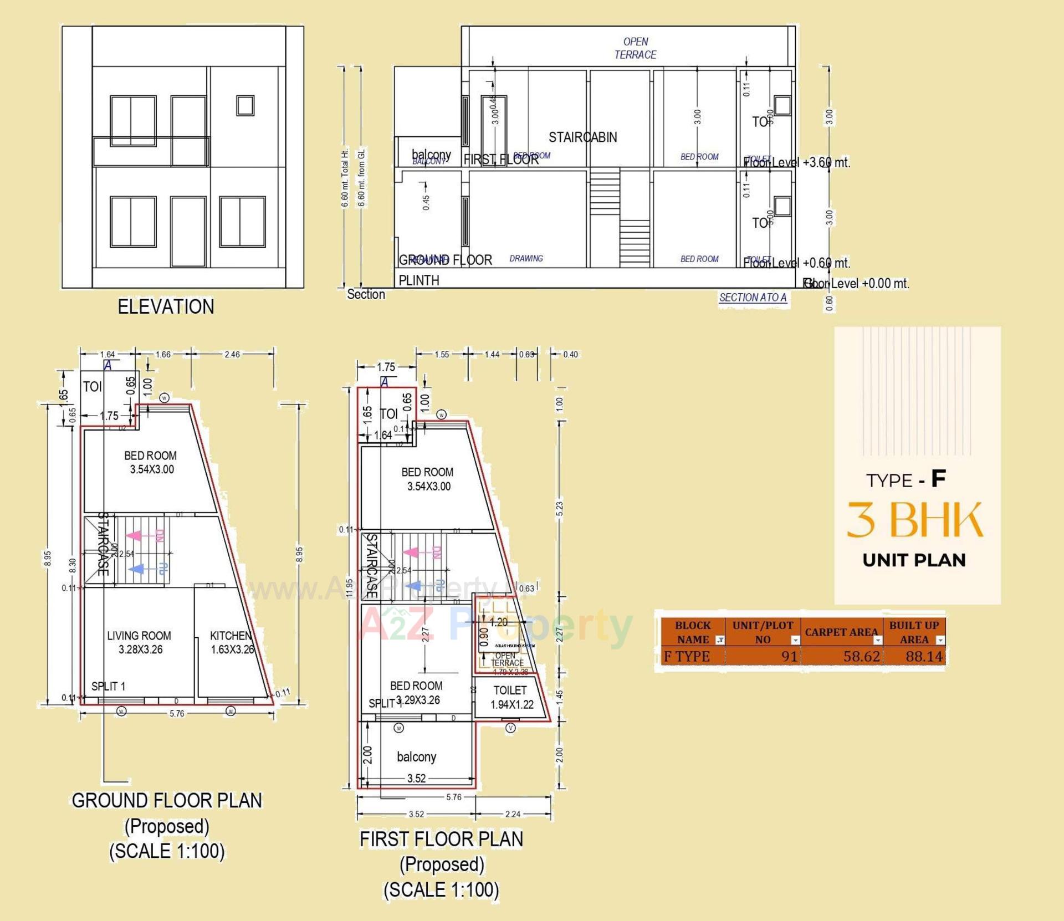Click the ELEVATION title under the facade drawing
pyautogui.click(x=166, y=306)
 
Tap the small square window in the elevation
pyautogui.click(x=245, y=105)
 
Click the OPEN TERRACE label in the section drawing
pyautogui.click(x=635, y=48)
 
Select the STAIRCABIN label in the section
pyautogui.click(x=582, y=137)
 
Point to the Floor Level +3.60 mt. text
pyautogui.click(x=796, y=162)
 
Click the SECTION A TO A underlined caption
pyautogui.click(x=753, y=298)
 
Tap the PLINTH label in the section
pyautogui.click(x=419, y=280)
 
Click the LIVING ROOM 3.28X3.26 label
pyautogui.click(x=140, y=642)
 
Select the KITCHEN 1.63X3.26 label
pyautogui.click(x=232, y=642)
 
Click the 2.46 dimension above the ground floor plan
pyautogui.click(x=232, y=355)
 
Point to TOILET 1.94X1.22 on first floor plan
pyautogui.click(x=511, y=697)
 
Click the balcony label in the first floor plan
pyautogui.click(x=416, y=757)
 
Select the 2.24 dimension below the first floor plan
pyautogui.click(x=513, y=814)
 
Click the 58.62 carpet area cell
pyautogui.click(x=861, y=657)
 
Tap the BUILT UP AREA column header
pyautogui.click(x=914, y=632)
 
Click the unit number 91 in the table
pyautogui.click(x=789, y=657)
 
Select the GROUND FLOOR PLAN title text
pyautogui.click(x=167, y=800)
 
